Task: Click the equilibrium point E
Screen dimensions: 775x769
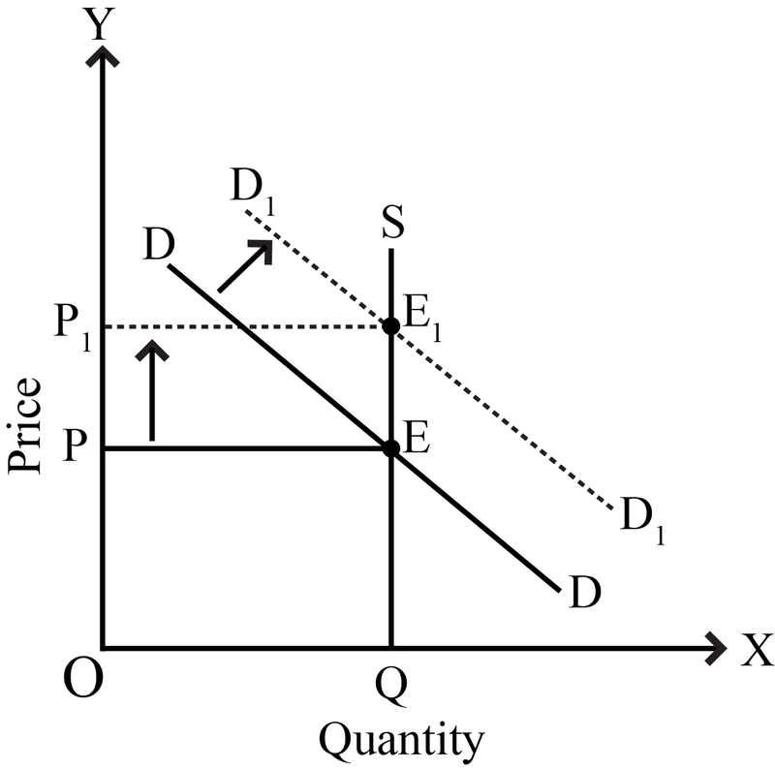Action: [391, 448]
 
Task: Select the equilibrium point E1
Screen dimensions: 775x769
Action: [391, 326]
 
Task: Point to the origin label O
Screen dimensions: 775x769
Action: [83, 679]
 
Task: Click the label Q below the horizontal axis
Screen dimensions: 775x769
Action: [391, 688]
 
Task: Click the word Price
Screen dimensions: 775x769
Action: [24, 426]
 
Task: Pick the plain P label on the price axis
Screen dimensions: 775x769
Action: [76, 445]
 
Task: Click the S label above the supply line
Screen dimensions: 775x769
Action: [393, 222]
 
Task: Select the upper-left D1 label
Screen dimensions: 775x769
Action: [252, 192]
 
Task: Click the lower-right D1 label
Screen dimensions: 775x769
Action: [641, 520]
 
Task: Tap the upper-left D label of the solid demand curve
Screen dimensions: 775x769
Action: [158, 244]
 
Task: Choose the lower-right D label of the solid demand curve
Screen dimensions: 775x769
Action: [585, 592]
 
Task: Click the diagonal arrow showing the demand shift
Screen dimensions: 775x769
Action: [245, 266]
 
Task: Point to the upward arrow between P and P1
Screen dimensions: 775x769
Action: [152, 390]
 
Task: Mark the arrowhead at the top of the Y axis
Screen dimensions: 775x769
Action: [103, 55]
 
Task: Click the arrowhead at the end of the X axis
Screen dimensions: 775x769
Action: [716, 648]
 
